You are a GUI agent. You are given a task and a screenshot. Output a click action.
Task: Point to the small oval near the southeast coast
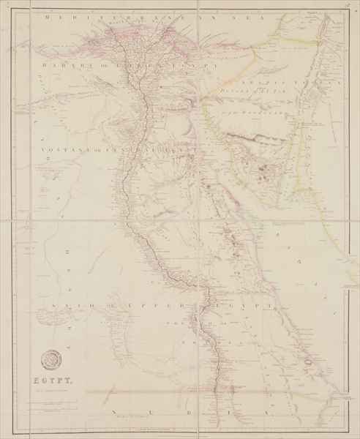click(315, 361)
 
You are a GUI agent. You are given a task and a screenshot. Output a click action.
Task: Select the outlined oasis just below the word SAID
click(117, 322)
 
